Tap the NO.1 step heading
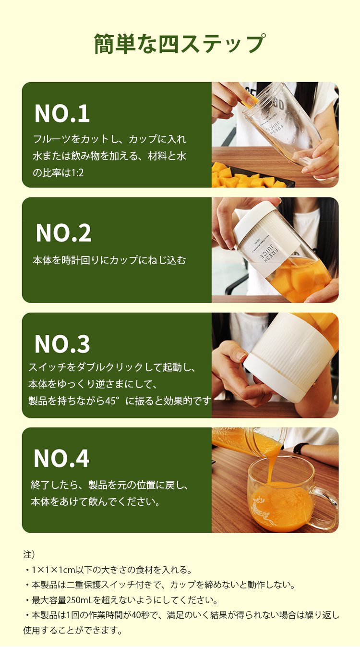(x=62, y=113)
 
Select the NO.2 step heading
(x=63, y=233)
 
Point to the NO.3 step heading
(x=62, y=344)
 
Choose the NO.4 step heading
(x=61, y=458)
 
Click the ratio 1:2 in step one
(x=77, y=173)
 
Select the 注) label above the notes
(x=29, y=555)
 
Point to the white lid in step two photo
(x=254, y=214)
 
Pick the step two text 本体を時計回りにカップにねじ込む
(x=109, y=260)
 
